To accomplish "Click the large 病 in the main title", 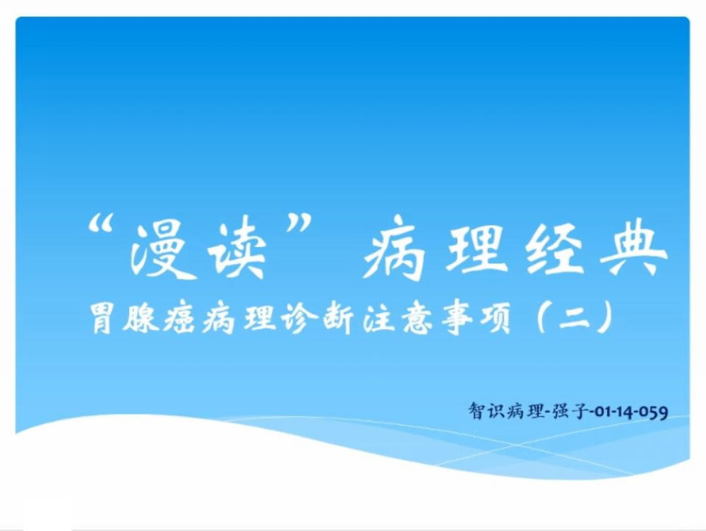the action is pyautogui.click(x=394, y=248).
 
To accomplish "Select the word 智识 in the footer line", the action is pyautogui.click(x=486, y=411).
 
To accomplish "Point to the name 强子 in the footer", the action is pyautogui.click(x=568, y=411).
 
